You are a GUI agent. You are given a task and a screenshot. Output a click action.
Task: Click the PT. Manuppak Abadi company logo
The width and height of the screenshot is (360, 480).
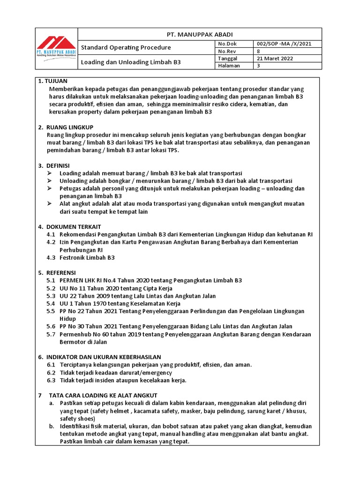(x=56, y=47)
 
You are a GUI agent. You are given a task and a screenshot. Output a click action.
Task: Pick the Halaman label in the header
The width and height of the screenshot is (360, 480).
(x=229, y=66)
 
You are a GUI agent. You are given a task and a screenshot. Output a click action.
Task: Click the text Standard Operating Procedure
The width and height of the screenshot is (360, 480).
(x=126, y=47)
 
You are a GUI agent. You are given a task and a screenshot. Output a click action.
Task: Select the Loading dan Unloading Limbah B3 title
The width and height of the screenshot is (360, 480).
(x=131, y=62)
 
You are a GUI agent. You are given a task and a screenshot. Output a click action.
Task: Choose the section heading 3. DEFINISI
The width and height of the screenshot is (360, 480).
(x=54, y=165)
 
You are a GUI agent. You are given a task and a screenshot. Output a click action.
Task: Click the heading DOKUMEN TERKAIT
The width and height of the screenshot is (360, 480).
(x=74, y=226)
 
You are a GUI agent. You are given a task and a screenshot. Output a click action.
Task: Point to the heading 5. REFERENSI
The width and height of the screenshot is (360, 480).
(x=57, y=272)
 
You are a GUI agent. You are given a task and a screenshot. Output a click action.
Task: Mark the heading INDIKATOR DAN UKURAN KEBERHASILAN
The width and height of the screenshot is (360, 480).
(x=104, y=357)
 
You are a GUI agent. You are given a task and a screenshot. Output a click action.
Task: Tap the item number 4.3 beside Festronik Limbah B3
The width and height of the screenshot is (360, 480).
(x=51, y=257)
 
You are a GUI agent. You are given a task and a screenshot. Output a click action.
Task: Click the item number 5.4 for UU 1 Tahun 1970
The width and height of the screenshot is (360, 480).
(x=51, y=303)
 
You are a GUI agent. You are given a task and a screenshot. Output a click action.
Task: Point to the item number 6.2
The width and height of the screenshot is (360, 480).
(x=51, y=373)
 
